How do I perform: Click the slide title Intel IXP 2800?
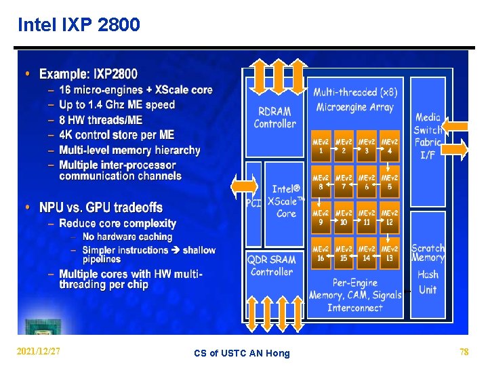[79, 25]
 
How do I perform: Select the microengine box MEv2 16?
[321, 253]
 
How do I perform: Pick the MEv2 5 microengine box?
[390, 182]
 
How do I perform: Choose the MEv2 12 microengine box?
[390, 218]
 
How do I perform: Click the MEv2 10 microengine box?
[344, 218]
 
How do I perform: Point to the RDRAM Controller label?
[274, 117]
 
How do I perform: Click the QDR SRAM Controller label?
[272, 265]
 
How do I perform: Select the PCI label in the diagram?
[253, 203]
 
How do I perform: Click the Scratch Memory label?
[428, 253]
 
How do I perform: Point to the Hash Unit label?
[428, 282]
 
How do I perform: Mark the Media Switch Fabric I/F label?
[428, 136]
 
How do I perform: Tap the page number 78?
[464, 352]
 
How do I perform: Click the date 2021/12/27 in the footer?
[38, 352]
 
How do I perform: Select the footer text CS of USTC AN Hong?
[241, 353]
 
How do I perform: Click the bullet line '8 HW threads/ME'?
[100, 120]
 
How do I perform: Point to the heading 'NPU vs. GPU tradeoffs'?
[101, 207]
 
